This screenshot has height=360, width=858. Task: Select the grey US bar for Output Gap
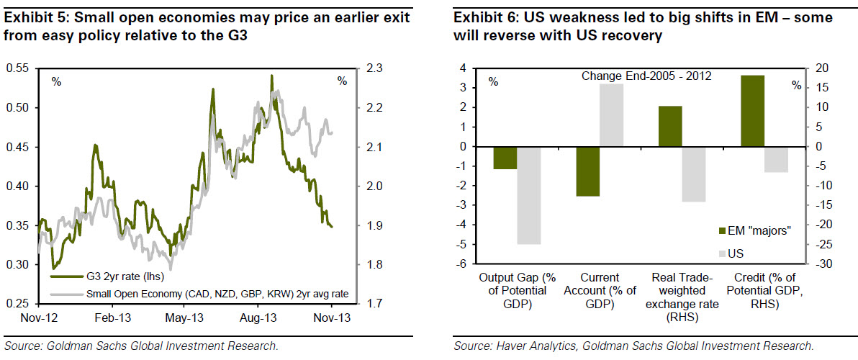point(528,195)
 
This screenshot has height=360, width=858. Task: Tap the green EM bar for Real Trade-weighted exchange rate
point(671,126)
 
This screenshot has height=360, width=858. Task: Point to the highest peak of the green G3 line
point(271,75)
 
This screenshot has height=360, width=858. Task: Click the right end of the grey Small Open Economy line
point(333,132)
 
